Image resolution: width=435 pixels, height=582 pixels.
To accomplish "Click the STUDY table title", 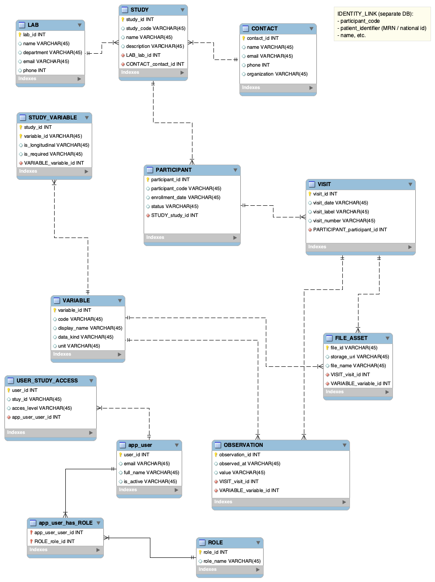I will point(139,10).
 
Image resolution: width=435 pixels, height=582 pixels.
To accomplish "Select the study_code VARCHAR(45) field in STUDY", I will point(155,28).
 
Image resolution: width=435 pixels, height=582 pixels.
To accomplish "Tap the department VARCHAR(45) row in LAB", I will point(52,52).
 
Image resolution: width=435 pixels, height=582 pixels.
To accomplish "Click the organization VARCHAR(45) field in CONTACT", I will point(277,74).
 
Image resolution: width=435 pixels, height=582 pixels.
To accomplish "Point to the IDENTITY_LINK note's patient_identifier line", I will point(383,28).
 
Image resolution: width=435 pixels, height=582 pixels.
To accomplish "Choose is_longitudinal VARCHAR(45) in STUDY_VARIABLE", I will point(56,145).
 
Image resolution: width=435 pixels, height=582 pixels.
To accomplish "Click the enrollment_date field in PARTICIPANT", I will point(185,197).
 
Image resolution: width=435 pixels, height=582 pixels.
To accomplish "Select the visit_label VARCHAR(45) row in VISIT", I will point(341,212).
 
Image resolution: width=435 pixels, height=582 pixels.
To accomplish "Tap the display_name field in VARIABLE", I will point(90,328).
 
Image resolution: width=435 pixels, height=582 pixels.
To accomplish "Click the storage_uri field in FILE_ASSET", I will point(359,357).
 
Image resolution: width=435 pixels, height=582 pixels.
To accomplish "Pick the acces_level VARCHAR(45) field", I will point(42,408).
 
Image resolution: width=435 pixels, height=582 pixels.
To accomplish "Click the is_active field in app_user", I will point(150,481).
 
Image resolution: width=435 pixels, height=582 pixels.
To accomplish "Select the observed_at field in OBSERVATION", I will point(249,463).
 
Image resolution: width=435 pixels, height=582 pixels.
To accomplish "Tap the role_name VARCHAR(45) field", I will point(232,561).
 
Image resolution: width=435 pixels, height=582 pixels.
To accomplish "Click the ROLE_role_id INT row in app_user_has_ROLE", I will point(54,541).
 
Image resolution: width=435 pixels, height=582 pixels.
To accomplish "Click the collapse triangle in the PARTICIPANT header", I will point(235,170).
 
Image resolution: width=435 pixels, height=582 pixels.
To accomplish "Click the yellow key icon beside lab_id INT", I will point(20,34).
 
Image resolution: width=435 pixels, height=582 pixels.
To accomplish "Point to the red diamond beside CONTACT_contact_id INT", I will point(123,64).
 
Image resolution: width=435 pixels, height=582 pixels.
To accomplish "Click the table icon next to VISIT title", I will point(312,184).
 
